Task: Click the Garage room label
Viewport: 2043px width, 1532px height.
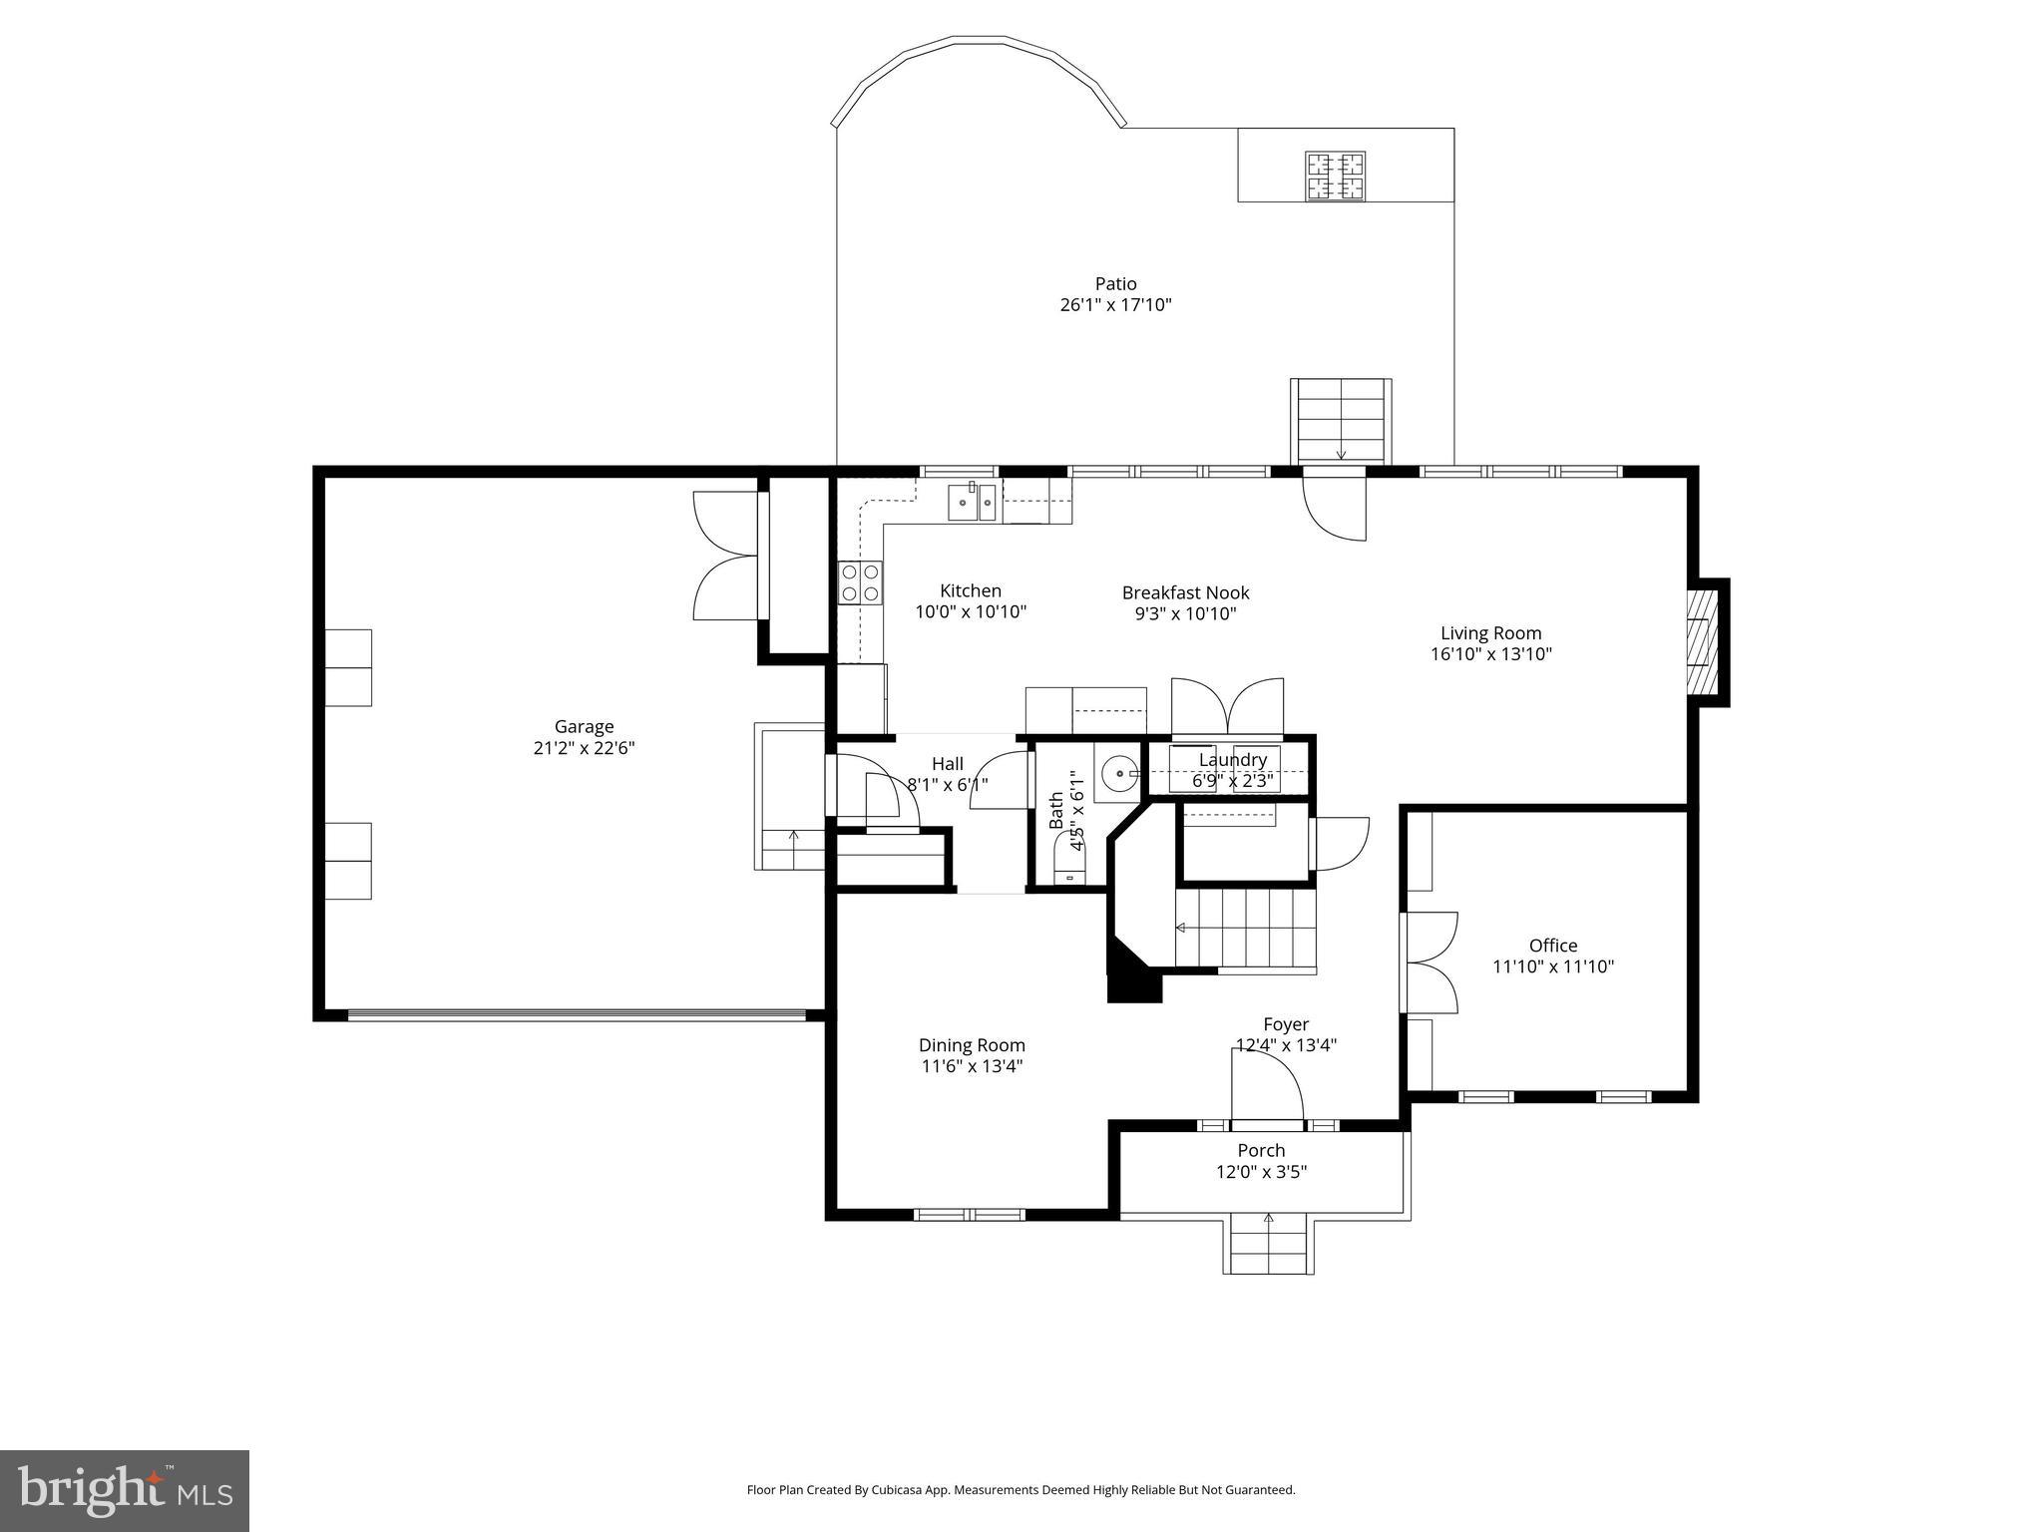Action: click(584, 727)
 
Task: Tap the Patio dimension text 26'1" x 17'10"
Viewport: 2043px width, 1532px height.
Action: click(1115, 305)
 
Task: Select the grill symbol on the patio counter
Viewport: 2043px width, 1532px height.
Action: click(1336, 177)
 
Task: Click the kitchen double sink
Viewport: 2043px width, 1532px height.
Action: click(972, 502)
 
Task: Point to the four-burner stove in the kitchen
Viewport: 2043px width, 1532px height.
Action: click(860, 582)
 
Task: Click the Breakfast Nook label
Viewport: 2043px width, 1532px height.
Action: click(1185, 593)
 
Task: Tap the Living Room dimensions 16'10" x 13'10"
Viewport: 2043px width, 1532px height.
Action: click(1490, 654)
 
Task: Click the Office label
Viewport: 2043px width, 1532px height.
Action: click(1553, 946)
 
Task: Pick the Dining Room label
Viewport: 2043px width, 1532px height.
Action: click(972, 1045)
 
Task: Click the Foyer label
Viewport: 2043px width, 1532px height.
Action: click(1286, 1024)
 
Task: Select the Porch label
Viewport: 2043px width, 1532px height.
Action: click(1261, 1150)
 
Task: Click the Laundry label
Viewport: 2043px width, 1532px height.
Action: click(1233, 760)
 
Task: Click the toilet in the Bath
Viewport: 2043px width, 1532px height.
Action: click(1070, 864)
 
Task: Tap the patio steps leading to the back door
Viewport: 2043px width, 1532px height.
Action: click(1341, 420)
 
